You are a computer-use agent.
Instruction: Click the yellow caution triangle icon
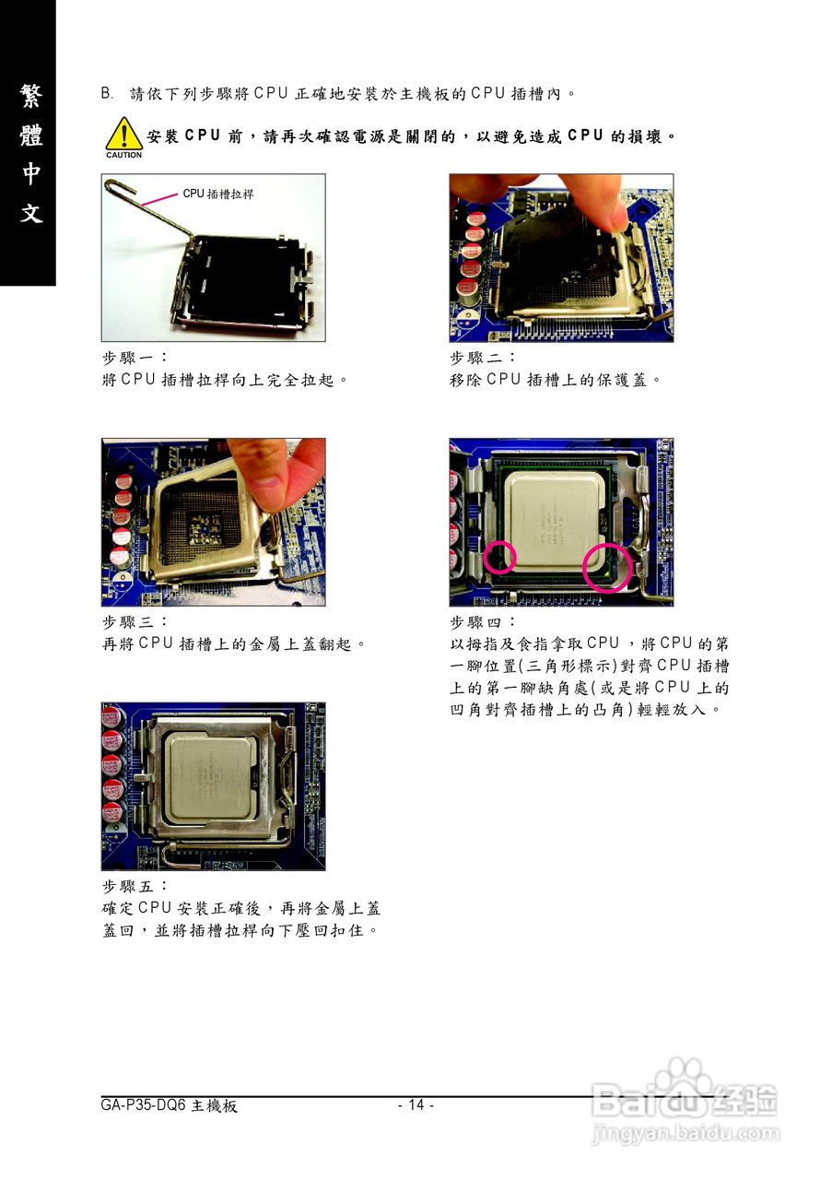123,134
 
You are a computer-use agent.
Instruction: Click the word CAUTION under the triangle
123,155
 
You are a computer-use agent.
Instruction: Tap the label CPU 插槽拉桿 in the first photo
218,194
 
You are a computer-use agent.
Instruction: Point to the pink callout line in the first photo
159,198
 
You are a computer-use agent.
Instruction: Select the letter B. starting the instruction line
107,94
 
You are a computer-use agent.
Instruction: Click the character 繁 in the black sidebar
30,97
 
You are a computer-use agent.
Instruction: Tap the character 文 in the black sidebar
30,213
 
